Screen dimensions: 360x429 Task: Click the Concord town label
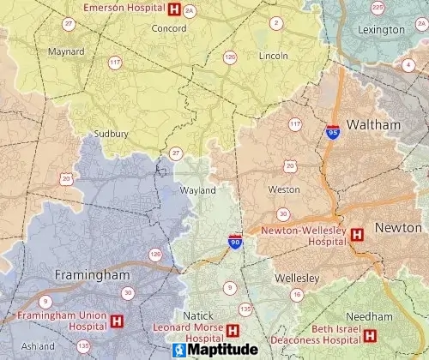(169, 28)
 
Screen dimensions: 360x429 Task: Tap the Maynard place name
(66, 51)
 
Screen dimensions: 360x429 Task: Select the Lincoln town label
(274, 56)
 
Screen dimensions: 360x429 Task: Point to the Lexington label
(382, 30)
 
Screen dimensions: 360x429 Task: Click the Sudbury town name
(112, 134)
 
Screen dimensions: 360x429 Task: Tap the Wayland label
(197, 190)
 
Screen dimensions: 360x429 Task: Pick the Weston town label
(285, 189)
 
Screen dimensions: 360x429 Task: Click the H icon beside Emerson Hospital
(176, 9)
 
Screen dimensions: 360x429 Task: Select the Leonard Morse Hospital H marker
(232, 329)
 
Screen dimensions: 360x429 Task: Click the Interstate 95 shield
(333, 132)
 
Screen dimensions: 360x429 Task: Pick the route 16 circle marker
(296, 295)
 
